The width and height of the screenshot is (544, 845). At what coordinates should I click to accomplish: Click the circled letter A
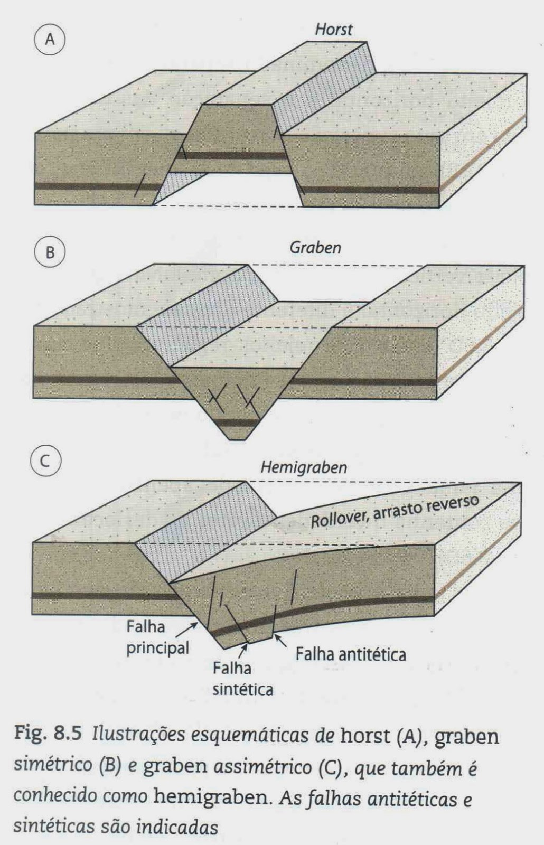tap(50, 40)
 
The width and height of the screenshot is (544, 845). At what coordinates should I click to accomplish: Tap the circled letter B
tap(50, 252)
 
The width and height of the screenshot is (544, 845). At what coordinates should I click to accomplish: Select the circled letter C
tap(45, 461)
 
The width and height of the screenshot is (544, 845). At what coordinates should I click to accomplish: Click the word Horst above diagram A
tap(333, 30)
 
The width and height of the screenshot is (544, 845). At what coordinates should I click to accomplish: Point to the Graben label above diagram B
tap(315, 247)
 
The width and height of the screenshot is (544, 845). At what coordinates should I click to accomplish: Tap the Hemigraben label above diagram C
tap(303, 467)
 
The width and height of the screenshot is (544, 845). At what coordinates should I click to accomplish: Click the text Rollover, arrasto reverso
tap(394, 511)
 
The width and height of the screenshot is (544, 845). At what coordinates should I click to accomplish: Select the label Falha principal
tap(157, 637)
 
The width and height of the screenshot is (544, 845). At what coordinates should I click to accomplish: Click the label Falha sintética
tap(242, 679)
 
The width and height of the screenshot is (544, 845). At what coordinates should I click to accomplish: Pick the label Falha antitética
tap(351, 655)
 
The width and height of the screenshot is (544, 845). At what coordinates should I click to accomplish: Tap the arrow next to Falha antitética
tap(281, 641)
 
